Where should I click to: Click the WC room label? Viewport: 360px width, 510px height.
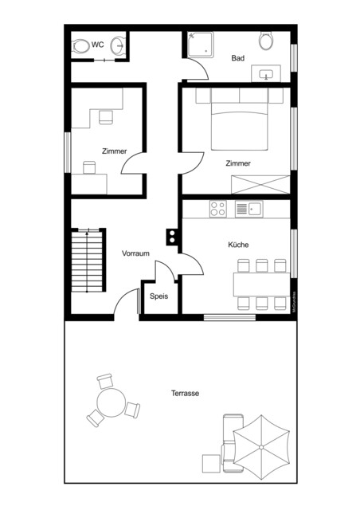pyautogui.click(x=97, y=44)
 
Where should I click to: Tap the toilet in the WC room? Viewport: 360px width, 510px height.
pyautogui.click(x=81, y=45)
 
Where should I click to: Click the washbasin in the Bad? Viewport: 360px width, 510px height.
pyautogui.click(x=267, y=75)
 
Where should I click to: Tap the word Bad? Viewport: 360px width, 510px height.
pyautogui.click(x=237, y=58)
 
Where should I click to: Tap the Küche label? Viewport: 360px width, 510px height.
pyautogui.click(x=238, y=245)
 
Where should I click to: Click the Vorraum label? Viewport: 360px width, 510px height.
pyautogui.click(x=135, y=253)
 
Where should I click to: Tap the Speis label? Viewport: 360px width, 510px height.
pyautogui.click(x=159, y=296)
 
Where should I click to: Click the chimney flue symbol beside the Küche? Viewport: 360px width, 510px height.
pyautogui.click(x=171, y=236)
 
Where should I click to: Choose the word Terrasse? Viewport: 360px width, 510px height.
pyautogui.click(x=185, y=393)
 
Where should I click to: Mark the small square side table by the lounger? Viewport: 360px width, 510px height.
pyautogui.click(x=210, y=462)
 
